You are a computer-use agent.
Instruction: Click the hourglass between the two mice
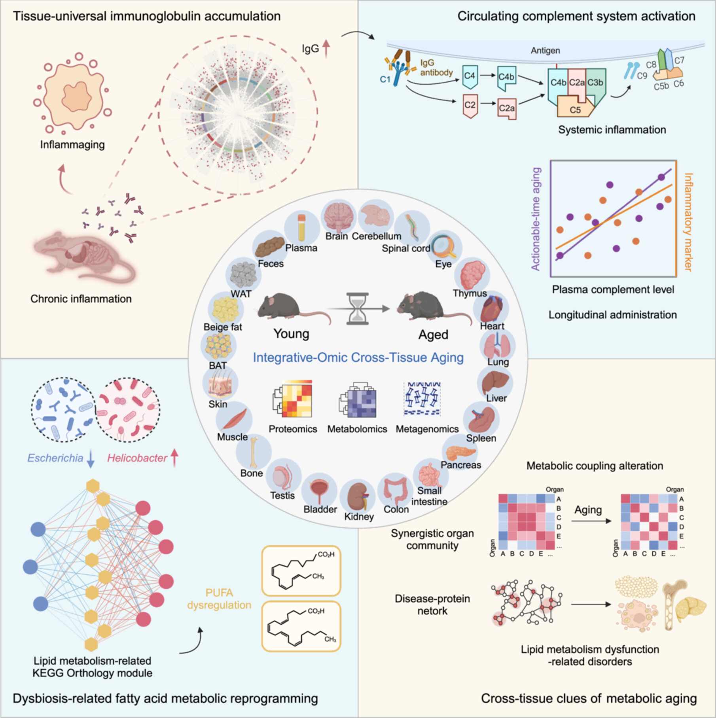click(357, 309)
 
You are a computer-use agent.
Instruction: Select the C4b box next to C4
click(506, 78)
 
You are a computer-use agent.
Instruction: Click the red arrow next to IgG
click(326, 49)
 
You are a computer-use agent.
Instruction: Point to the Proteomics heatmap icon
click(293, 399)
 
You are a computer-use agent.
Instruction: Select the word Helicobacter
click(137, 458)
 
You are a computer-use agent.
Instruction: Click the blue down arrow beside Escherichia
click(91, 459)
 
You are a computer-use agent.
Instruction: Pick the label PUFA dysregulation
click(219, 599)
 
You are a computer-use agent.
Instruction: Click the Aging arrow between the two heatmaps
click(591, 521)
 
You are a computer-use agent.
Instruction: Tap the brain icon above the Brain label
click(339, 217)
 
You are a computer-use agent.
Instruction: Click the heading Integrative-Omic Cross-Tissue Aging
click(358, 357)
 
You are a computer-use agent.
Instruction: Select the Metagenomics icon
click(422, 399)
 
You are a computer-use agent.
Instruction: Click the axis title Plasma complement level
click(613, 289)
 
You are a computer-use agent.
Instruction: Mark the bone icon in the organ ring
click(254, 452)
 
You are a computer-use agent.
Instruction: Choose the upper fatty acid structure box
click(301, 571)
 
